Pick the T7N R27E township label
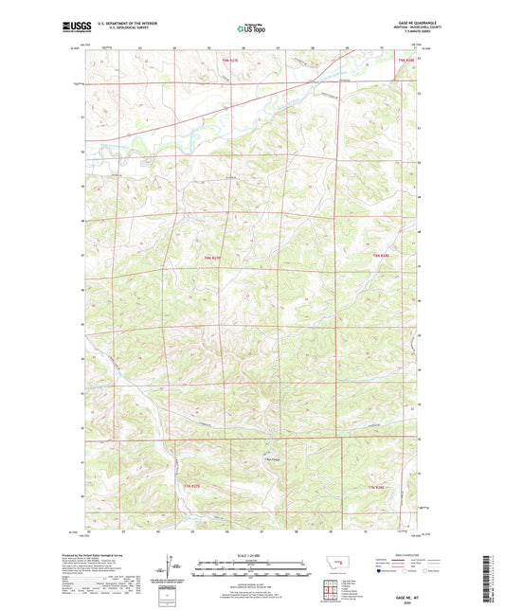pyautogui.click(x=192, y=487)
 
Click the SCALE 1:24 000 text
pyautogui.click(x=251, y=555)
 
